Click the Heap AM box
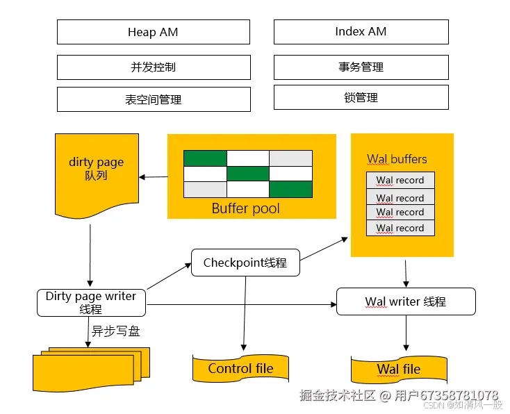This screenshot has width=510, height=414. pos(153,32)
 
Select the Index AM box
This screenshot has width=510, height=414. pos(361,32)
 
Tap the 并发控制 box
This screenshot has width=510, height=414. pos(153,67)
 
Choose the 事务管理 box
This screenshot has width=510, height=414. pos(361,67)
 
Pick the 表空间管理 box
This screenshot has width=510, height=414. pos(153,99)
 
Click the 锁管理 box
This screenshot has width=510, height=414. pos(361,98)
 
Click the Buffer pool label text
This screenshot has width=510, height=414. pos(245,208)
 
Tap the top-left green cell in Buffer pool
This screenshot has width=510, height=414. pos(205,158)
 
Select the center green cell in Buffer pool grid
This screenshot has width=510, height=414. pos(248,173)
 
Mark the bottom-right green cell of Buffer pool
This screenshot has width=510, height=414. pos(290,189)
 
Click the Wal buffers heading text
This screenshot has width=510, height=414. pos(397,159)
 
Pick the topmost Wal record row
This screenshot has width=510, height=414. pos(400,180)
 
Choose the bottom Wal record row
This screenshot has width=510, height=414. pos(400,228)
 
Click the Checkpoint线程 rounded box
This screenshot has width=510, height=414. pos(245,263)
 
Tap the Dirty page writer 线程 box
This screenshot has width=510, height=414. pos(91,302)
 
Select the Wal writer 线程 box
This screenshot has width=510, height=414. pos(406,301)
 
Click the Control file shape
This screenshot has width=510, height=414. pos(240,368)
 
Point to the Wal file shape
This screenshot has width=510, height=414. pos(398,369)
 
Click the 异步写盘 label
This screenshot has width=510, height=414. pos(115,331)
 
